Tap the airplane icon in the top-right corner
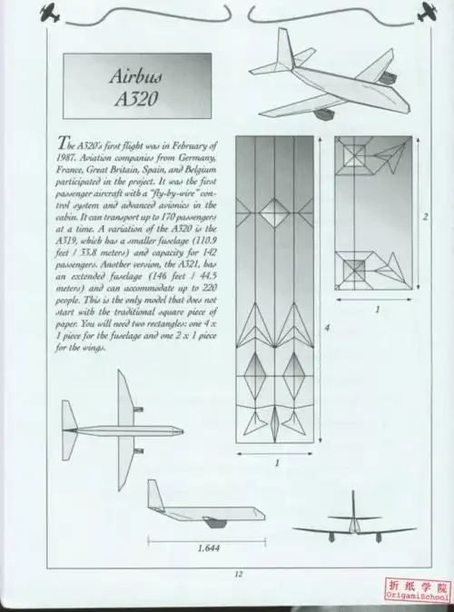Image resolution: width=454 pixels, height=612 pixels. point(427,14)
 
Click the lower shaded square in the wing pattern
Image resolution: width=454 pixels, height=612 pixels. point(355,268)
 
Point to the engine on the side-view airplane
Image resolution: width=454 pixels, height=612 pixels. point(215,522)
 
